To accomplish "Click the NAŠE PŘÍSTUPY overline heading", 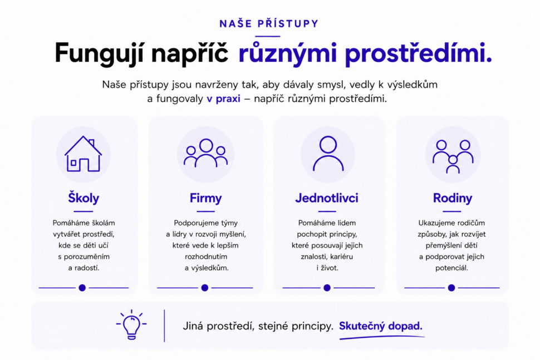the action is (x=269, y=23).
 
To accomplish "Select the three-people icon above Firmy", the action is (x=205, y=153).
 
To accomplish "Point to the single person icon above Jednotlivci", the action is (x=328, y=154).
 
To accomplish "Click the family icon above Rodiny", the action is (x=453, y=156).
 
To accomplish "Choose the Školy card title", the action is (x=84, y=198).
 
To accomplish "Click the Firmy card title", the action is (x=205, y=198).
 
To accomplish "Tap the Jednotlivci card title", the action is (x=326, y=198).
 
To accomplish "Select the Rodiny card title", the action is (x=452, y=198).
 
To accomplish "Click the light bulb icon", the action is (x=131, y=325).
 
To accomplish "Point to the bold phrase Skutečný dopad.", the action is (x=381, y=326).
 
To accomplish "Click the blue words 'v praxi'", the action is (x=223, y=99).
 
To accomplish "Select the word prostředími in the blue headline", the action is (x=418, y=53).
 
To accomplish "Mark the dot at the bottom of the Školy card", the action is (x=82, y=288).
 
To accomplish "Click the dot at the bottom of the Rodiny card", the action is (x=451, y=288).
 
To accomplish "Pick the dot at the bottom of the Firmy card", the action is (x=204, y=288).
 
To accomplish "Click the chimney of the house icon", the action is (x=91, y=142).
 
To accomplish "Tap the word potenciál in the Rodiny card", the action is (x=451, y=268).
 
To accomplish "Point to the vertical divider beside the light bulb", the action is (x=164, y=326).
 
